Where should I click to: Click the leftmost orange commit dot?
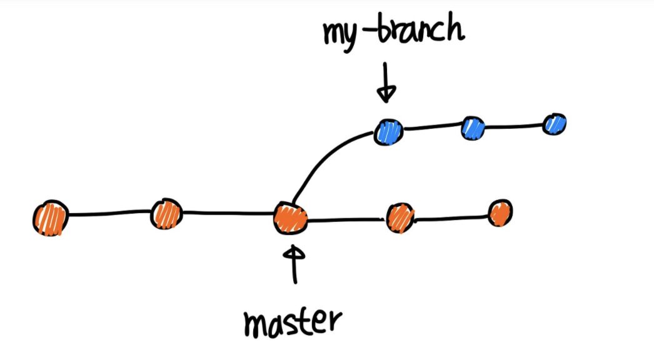(50, 217)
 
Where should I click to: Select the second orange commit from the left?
(166, 214)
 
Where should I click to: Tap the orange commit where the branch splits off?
(290, 218)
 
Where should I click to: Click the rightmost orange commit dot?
(500, 213)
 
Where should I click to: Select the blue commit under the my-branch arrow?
(388, 132)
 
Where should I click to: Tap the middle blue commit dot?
(473, 127)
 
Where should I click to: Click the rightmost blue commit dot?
(554, 124)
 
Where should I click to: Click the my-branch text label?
(393, 32)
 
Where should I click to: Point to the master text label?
(293, 321)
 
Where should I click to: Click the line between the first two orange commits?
(108, 214)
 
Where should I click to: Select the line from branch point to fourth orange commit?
(345, 220)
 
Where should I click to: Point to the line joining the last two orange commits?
(450, 218)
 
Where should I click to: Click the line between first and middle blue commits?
(431, 129)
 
